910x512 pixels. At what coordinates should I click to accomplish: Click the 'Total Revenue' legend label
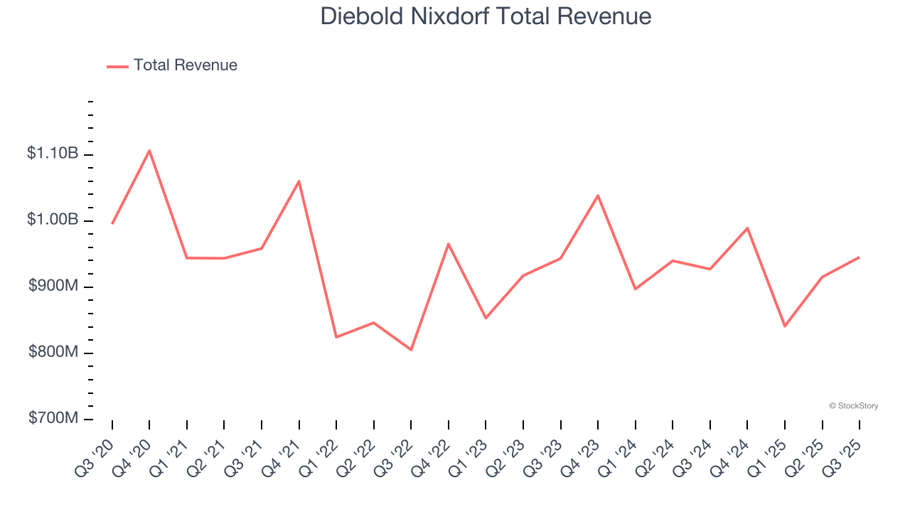click(x=185, y=65)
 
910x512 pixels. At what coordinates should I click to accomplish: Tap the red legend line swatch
click(x=117, y=66)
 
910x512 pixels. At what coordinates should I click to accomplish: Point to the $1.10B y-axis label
click(x=53, y=154)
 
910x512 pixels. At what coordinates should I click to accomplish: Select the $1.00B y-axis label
click(x=53, y=220)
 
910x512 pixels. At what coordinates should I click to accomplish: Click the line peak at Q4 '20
click(x=149, y=150)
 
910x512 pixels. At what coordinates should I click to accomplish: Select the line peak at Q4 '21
click(x=299, y=181)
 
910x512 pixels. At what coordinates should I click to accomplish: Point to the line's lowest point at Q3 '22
click(x=411, y=350)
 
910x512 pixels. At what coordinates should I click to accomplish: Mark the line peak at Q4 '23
click(x=598, y=195)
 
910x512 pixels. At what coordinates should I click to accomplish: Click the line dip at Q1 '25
click(x=785, y=326)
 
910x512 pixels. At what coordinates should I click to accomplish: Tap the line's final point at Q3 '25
click(x=860, y=257)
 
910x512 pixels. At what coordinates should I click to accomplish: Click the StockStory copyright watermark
click(x=853, y=406)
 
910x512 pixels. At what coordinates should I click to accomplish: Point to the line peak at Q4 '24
click(x=747, y=228)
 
